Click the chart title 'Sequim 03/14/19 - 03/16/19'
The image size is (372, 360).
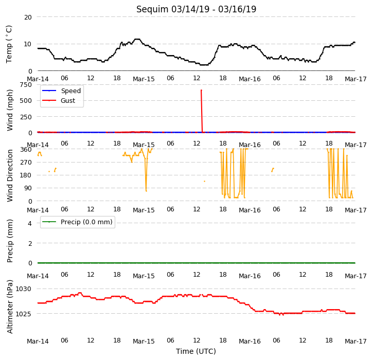[196, 9]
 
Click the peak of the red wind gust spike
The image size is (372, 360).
[201, 90]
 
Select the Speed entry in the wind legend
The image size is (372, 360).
[61, 91]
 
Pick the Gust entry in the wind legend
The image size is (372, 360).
[58, 101]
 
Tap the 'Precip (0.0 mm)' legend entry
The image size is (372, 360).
[77, 222]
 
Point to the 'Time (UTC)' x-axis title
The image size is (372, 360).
[196, 351]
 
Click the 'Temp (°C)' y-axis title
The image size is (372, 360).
[9, 44]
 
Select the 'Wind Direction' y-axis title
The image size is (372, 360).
[9, 175]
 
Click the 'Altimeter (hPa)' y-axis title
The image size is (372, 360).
[9, 307]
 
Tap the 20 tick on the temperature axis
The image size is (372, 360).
[28, 17]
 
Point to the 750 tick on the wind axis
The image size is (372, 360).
[26, 85]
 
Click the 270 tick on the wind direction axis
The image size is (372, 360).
[26, 163]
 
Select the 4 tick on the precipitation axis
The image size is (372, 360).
[30, 223]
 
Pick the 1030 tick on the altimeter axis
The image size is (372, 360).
[24, 289]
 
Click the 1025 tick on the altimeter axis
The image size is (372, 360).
[24, 314]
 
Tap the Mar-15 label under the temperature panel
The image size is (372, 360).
[144, 79]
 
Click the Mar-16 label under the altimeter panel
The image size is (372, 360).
[250, 341]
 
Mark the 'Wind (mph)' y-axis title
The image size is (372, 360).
[9, 110]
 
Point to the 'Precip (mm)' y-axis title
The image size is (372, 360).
[9, 241]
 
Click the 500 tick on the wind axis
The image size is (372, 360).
[26, 101]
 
